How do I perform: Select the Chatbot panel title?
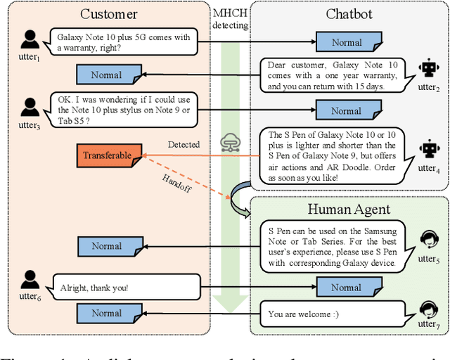pos(349,14)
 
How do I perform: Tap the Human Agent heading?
pos(349,209)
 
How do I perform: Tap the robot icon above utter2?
pos(427,68)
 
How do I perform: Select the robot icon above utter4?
pos(427,148)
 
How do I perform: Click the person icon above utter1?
pos(29,39)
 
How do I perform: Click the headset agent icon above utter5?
pos(427,240)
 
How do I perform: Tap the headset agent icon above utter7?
pos(427,309)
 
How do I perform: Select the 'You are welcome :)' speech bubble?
pos(330,314)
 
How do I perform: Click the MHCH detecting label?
pos(231,19)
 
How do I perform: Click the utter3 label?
pos(29,124)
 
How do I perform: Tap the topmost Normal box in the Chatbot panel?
pos(347,42)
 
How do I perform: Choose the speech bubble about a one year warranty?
pos(330,75)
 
